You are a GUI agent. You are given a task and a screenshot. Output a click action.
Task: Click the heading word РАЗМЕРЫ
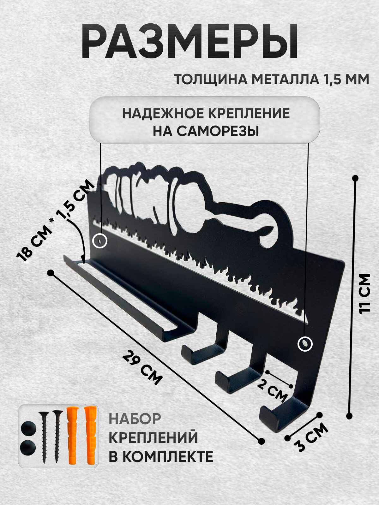point(189,42)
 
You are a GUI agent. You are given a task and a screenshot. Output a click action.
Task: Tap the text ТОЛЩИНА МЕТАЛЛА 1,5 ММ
point(272,80)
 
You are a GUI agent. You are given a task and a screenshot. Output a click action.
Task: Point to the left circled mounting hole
point(100,241)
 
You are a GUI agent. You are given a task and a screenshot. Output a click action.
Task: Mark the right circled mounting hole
point(305,344)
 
